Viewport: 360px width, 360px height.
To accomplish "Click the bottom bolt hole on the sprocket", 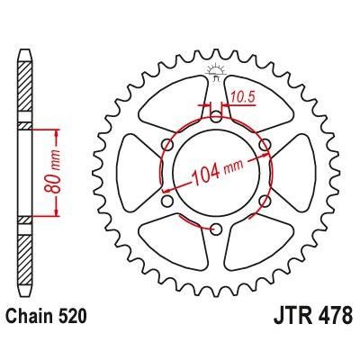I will (x=216, y=230).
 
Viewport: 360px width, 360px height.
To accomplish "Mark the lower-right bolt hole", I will (x=265, y=201).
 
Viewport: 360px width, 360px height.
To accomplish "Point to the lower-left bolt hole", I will (x=167, y=201).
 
